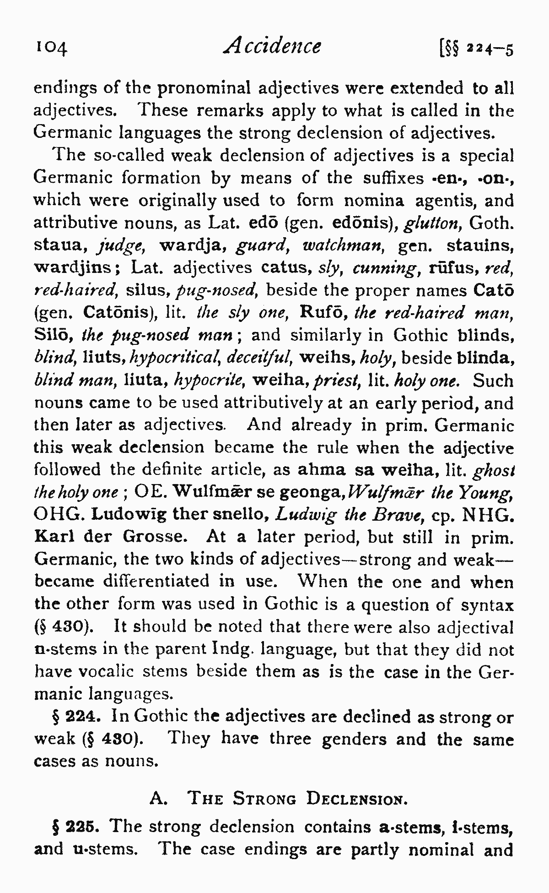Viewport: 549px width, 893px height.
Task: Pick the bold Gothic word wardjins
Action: pyautogui.click(x=72, y=268)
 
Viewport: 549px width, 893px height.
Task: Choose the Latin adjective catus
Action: pyautogui.click(x=286, y=267)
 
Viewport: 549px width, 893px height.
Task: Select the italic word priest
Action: pyautogui.click(x=342, y=380)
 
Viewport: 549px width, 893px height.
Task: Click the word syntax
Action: pyautogui.click(x=487, y=604)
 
